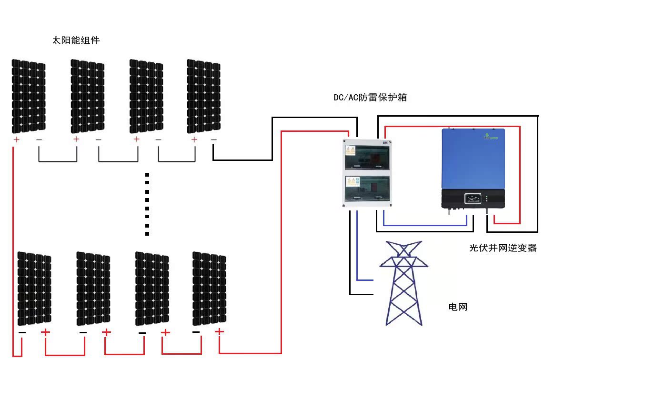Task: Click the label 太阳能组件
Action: click(x=76, y=40)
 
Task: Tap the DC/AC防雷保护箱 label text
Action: click(x=370, y=98)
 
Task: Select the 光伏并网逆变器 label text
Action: click(x=503, y=248)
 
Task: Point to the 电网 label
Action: click(x=458, y=307)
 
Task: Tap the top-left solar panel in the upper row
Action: click(x=29, y=96)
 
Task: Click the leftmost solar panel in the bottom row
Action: click(x=34, y=288)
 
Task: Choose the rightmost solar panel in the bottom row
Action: click(x=209, y=288)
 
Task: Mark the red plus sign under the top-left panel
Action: click(x=16, y=140)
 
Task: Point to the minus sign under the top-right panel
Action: click(x=213, y=140)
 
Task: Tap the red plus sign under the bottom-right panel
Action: click(x=219, y=331)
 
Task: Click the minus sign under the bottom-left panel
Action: click(x=22, y=332)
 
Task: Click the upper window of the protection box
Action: click(x=367, y=157)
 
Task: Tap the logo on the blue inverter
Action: click(x=491, y=137)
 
